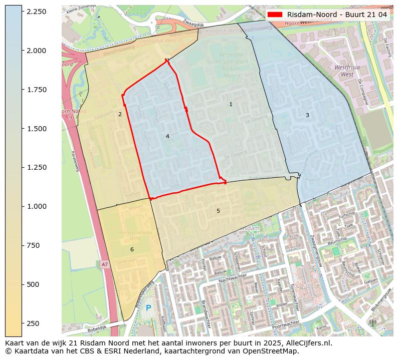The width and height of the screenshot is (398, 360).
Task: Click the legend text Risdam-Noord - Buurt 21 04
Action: [x=337, y=15]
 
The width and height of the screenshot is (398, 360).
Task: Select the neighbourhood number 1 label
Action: [x=231, y=104]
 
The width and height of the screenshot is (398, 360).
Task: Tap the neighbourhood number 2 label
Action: [x=120, y=114]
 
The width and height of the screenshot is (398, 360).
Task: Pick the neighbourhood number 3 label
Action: [x=307, y=115]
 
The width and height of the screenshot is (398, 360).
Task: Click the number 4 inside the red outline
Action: [x=167, y=136]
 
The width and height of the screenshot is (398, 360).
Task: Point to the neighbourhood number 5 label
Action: [x=218, y=211]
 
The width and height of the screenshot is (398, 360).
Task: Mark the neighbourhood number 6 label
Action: [x=132, y=249]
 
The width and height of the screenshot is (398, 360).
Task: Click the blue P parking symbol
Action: [x=148, y=308]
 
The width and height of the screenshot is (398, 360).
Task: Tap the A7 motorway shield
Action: [x=104, y=264]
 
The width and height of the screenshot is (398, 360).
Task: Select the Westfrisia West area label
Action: [x=344, y=70]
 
